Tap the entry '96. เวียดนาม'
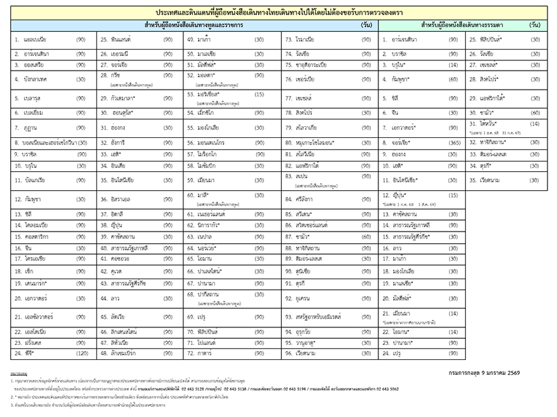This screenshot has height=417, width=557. (x=305, y=353)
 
